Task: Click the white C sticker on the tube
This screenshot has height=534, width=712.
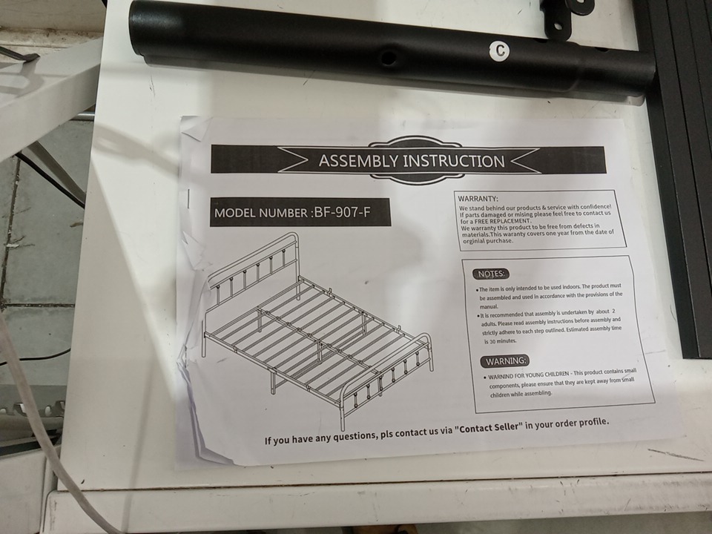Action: (x=500, y=50)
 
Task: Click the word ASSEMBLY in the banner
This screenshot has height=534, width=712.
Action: (x=358, y=161)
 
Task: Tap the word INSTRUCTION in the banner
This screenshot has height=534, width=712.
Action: (x=454, y=161)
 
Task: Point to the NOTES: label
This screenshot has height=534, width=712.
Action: (x=491, y=274)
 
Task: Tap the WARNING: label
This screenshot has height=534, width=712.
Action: (x=505, y=361)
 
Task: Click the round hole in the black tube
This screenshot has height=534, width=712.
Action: (x=388, y=58)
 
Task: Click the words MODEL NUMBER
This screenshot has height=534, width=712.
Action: (x=260, y=213)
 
